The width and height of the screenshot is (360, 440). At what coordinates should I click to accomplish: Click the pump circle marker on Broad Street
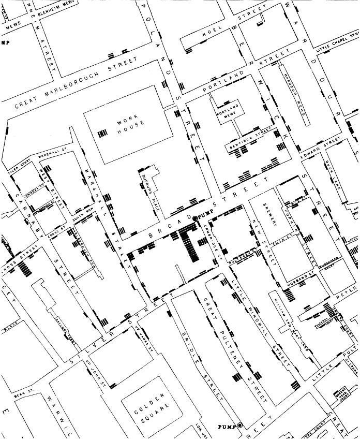click(x=195, y=219)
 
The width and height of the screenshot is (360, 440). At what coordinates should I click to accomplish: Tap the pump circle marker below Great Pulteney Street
click(x=239, y=426)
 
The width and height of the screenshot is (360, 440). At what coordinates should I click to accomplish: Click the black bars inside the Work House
click(x=104, y=133)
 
